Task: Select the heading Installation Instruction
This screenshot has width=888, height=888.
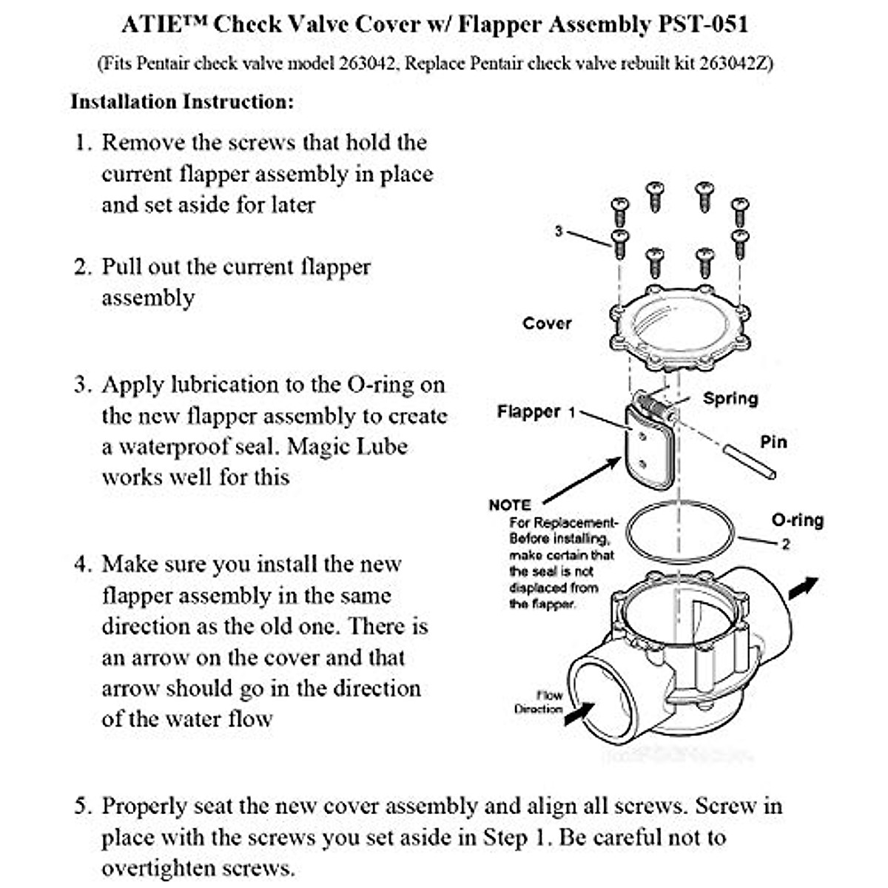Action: pos(182,101)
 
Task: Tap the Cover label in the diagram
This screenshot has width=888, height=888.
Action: pos(547,323)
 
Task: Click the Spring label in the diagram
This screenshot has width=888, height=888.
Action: pos(730,398)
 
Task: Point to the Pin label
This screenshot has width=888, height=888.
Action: pos(773,442)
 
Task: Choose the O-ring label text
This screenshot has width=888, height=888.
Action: pos(797,520)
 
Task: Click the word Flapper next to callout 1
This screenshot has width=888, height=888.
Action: pos(528,411)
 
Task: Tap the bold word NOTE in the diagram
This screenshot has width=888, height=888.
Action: pos(510,505)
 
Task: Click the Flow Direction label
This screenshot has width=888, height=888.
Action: pos(539,702)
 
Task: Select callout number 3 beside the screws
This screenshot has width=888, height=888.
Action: pos(559,232)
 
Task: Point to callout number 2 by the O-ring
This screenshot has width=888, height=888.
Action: pos(786,545)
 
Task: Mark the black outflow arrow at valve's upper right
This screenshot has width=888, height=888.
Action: pos(804,588)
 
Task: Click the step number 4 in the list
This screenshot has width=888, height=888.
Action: pos(81,565)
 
